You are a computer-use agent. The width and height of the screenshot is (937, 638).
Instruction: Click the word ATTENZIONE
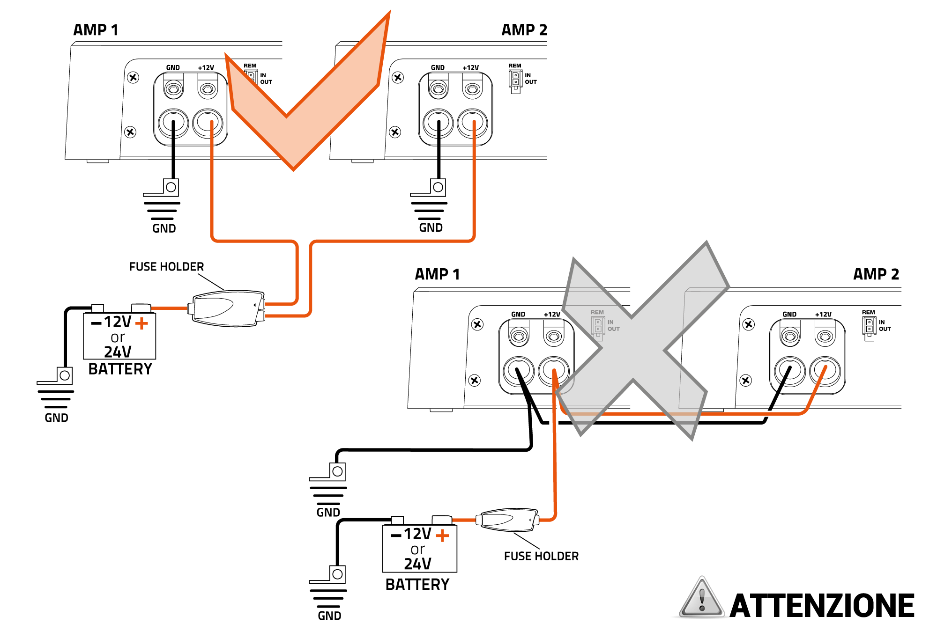tap(822, 606)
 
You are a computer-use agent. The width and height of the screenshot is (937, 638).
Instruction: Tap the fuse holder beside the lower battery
tap(507, 520)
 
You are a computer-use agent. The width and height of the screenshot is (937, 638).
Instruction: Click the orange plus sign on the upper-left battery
tap(141, 323)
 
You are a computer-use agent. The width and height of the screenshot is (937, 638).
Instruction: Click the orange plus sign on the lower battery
tap(442, 535)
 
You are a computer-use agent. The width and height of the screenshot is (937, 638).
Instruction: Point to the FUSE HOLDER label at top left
tap(166, 267)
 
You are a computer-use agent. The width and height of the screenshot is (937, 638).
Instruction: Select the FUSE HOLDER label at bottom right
tap(541, 556)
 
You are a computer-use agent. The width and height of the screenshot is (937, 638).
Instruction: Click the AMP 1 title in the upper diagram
tap(96, 30)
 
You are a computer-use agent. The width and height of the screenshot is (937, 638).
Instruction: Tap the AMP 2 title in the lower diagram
tap(876, 274)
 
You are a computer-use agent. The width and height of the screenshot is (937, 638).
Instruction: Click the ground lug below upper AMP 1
tap(171, 187)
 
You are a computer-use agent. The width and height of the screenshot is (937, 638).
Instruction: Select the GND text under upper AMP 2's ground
tap(431, 228)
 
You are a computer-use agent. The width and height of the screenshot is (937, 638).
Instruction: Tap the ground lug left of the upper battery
tap(64, 375)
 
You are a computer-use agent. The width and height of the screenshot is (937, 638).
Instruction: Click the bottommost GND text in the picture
tap(329, 616)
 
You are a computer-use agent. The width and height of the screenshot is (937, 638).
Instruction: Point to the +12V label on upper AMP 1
tap(206, 68)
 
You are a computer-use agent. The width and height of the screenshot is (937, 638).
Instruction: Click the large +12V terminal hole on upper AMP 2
tap(472, 123)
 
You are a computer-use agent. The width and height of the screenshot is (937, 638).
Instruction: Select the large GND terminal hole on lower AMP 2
tap(790, 371)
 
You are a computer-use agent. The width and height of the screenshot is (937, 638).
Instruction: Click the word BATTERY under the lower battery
tap(417, 585)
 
